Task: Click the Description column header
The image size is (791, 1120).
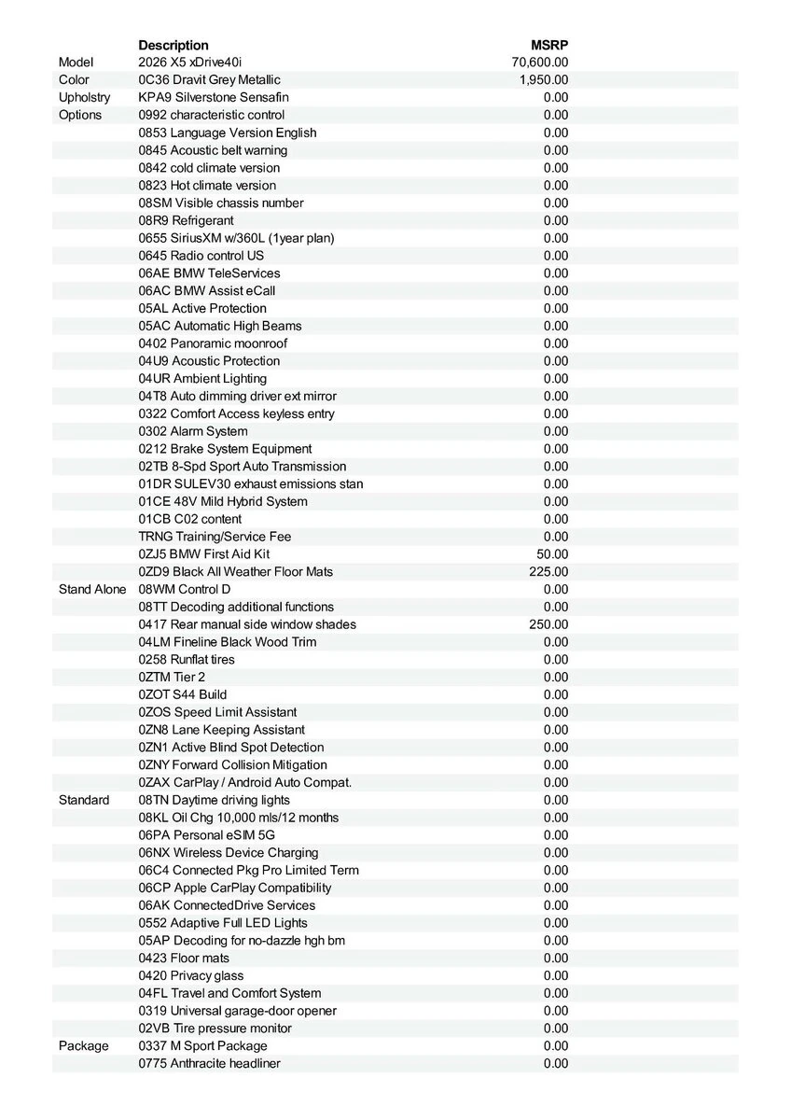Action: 173,45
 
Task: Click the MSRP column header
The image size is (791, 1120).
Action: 549,45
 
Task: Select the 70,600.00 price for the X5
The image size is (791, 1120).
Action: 540,63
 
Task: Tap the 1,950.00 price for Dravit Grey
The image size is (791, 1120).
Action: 544,80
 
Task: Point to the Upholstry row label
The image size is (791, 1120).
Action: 84,98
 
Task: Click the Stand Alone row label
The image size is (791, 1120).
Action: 92,590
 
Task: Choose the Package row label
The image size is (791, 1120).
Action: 83,1046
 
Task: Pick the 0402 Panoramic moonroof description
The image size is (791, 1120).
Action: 213,343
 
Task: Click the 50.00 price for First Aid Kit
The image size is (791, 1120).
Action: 551,554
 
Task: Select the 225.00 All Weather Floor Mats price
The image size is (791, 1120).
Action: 548,572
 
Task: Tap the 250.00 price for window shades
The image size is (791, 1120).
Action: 548,624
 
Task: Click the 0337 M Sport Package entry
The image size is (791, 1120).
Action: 202,1046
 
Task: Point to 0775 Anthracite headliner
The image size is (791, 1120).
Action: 209,1064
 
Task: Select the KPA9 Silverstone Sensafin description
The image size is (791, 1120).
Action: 214,98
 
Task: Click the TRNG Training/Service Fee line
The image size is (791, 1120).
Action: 215,537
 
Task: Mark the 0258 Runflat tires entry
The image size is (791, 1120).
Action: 187,660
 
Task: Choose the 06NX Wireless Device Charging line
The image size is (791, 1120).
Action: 229,853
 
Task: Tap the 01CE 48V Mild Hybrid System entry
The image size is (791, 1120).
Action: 223,502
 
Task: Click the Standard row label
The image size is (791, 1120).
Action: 83,801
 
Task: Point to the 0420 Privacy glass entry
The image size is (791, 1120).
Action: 191,976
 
